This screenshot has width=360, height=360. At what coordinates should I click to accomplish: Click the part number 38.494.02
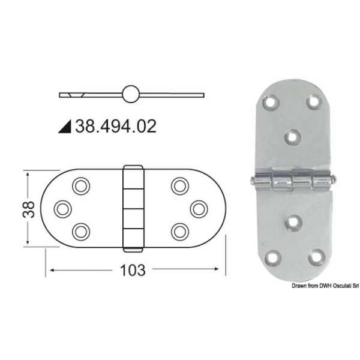click(x=115, y=126)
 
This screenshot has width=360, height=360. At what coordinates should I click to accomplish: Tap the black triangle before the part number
click(x=66, y=127)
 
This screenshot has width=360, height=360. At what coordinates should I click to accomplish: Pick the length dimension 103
click(x=133, y=270)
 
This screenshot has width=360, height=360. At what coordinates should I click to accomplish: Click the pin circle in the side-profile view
click(x=131, y=94)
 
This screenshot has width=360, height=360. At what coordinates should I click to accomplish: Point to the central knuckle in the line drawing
click(x=133, y=207)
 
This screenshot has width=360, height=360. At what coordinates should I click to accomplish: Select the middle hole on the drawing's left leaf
click(x=62, y=208)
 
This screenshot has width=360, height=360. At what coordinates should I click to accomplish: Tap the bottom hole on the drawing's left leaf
click(x=80, y=230)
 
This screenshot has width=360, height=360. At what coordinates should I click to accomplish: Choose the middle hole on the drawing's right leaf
click(x=198, y=208)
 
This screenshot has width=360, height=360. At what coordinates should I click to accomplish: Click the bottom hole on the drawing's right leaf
click(x=179, y=230)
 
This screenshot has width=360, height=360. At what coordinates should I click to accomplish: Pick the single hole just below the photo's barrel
click(x=293, y=223)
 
